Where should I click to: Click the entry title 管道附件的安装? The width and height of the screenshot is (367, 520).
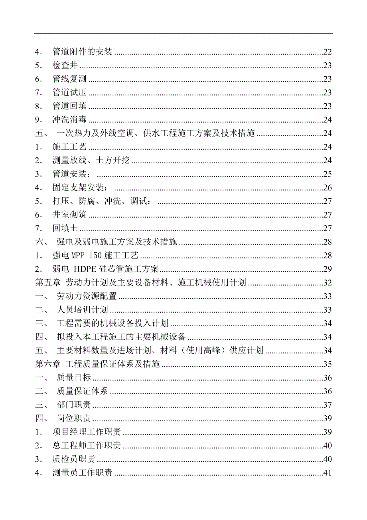(82, 52)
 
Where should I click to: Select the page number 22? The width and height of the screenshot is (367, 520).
(328, 52)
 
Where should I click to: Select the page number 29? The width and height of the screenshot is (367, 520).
(328, 269)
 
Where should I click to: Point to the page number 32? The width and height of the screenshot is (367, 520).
(328, 283)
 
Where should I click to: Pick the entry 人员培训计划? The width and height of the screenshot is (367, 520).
(82, 310)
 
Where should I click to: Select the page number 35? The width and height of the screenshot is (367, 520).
(328, 364)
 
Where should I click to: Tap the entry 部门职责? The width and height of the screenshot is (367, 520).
(74, 405)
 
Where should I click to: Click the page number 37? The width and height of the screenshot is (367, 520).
(328, 405)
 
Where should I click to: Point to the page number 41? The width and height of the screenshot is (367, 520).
(328, 473)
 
